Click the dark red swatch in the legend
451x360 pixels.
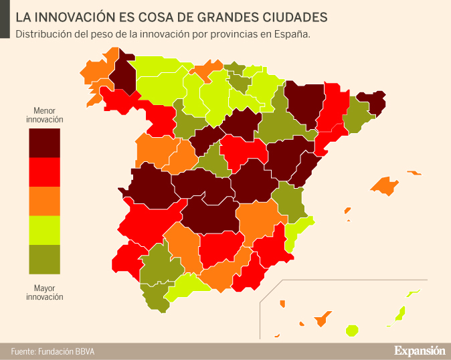(44, 143)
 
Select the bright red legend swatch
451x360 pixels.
(44, 172)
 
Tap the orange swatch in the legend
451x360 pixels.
(44, 201)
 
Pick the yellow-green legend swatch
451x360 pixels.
(44, 230)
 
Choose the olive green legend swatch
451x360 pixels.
(44, 260)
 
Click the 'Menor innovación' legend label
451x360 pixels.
(44, 114)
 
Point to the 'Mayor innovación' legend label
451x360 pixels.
(44, 292)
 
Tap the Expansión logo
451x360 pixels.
(419, 350)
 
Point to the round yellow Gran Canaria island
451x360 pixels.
(351, 330)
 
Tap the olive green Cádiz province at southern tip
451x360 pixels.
(154, 298)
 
